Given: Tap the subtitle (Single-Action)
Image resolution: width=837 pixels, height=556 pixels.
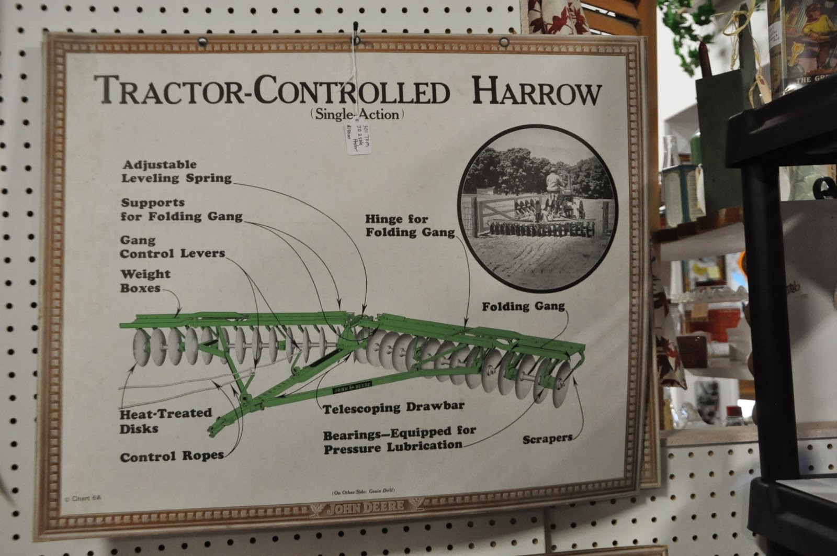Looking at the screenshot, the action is click(x=357, y=114).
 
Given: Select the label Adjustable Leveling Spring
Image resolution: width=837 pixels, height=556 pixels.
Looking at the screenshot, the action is click(x=176, y=172).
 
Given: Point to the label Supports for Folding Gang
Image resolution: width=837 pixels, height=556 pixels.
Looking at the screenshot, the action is click(x=182, y=209).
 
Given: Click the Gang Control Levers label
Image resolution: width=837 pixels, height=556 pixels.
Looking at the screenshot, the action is click(x=172, y=247).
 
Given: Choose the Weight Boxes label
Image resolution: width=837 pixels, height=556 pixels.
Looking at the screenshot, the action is click(x=145, y=281).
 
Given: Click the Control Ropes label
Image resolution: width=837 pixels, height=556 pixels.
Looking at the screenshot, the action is click(x=172, y=457).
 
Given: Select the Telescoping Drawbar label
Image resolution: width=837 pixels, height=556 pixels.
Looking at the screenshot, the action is click(x=393, y=407).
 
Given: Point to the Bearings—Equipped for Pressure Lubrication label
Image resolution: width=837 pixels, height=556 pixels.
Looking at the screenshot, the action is click(x=399, y=439).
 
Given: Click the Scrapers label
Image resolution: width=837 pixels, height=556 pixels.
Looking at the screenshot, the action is click(x=547, y=439).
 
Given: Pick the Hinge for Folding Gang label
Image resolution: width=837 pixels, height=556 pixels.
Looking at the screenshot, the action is click(x=410, y=226).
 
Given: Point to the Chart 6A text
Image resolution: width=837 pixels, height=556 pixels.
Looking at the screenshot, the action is click(x=83, y=498).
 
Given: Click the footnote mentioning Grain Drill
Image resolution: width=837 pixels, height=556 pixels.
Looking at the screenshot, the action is click(x=363, y=491).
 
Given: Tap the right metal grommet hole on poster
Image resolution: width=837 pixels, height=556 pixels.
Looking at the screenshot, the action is click(x=504, y=42).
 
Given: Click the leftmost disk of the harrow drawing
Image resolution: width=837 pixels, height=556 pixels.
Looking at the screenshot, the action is click(x=140, y=346).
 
